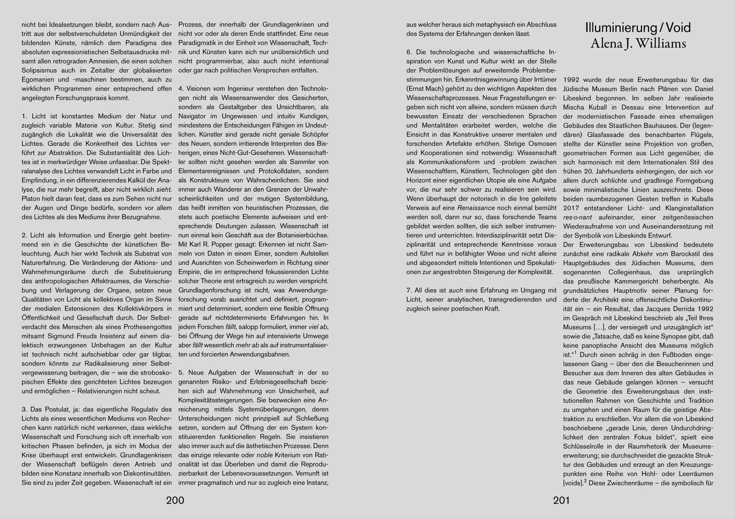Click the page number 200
tap(175, 501)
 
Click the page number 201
tap(561, 501)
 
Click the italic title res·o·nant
tap(576, 217)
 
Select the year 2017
tap(571, 208)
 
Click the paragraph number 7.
tap(409, 290)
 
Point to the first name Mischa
tap(574, 107)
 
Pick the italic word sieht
tap(164, 189)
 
